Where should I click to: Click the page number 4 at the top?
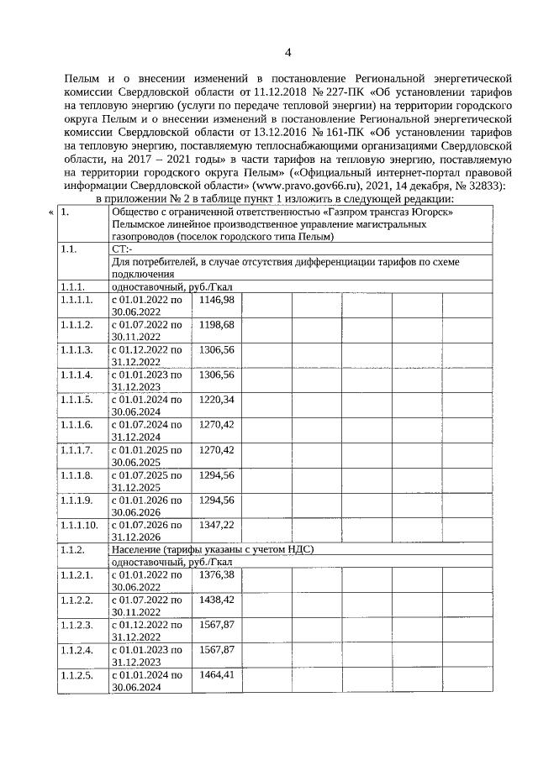coord(287,53)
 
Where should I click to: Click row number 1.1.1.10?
coord(80,524)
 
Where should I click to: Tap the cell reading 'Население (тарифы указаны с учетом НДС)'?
coord(213,549)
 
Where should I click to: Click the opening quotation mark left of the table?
coord(51,212)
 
